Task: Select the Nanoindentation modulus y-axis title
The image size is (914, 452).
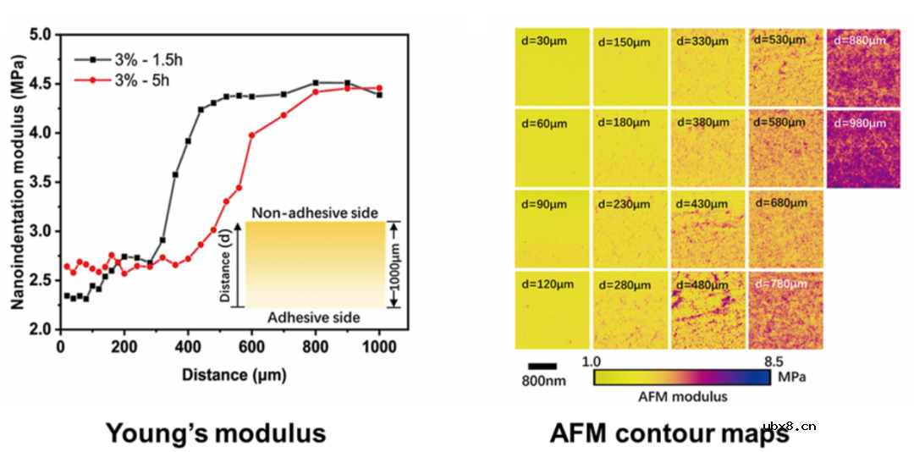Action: (16, 181)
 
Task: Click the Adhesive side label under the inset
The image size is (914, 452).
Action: (314, 317)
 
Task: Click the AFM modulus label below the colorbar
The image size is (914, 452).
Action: (681, 395)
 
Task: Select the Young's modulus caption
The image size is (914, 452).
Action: (216, 433)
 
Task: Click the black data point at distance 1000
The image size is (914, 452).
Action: (379, 95)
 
